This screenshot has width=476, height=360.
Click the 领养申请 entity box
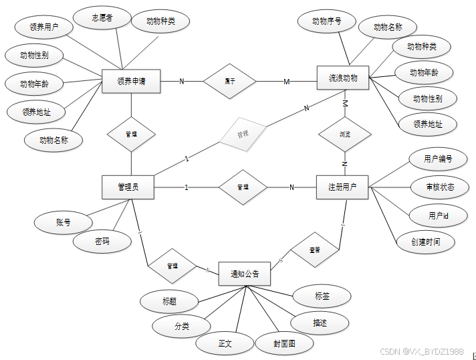131,82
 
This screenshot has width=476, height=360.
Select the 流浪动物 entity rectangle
343,78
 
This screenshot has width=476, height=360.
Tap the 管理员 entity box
128,187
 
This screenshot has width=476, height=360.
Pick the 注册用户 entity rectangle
342,187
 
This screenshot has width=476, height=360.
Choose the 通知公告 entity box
244,273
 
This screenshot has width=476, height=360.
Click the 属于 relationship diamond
229,82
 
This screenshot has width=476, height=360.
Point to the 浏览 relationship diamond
344,134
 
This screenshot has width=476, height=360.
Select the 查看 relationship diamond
314,250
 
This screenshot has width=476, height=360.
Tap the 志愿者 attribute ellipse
102,18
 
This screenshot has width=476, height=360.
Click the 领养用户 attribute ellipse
44,28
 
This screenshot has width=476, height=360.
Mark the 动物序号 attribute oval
327,21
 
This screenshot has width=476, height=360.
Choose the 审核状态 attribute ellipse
439,187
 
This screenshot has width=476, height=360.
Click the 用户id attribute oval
438,215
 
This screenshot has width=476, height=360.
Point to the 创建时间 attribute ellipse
426,242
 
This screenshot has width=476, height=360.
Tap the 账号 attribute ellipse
64,223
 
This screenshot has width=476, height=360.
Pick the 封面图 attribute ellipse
284,343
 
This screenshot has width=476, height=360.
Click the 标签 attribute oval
322,294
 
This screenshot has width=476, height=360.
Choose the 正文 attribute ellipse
225,343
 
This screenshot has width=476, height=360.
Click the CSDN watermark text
421,351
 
